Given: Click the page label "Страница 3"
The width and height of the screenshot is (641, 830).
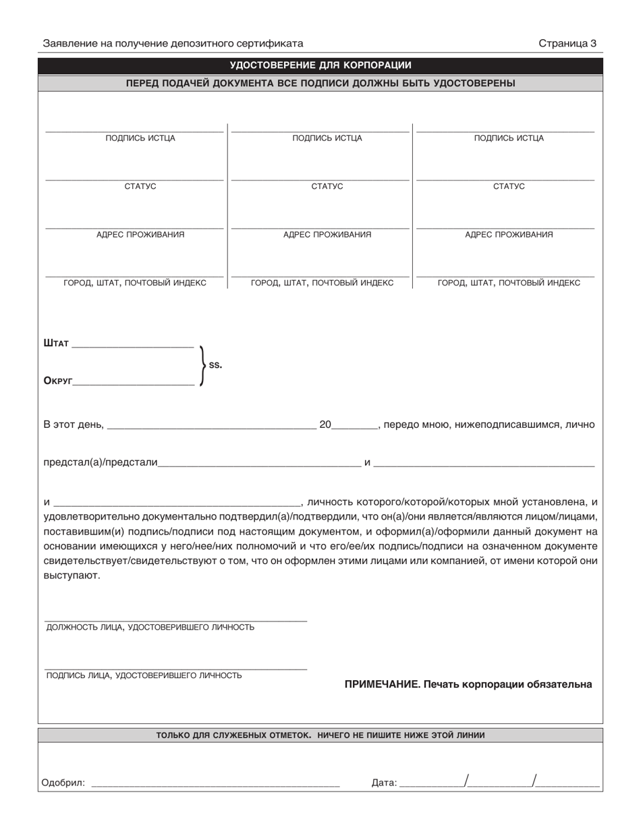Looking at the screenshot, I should (567, 44).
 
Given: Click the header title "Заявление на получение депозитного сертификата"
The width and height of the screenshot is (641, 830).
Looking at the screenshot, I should (173, 44).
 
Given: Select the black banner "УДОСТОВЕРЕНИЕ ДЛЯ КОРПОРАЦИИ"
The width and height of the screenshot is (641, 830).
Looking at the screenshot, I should (320, 65).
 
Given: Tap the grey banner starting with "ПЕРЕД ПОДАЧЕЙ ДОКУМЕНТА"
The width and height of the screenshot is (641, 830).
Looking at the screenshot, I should (320, 84).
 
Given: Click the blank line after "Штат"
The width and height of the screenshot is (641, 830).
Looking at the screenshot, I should (132, 346).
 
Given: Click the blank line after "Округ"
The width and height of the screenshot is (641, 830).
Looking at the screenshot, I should (134, 384).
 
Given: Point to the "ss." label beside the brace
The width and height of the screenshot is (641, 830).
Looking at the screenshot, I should (215, 365).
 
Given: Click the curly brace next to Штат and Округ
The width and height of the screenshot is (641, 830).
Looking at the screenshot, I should (202, 365).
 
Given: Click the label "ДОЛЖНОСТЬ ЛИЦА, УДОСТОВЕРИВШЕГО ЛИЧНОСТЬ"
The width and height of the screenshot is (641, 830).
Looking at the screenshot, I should (150, 628).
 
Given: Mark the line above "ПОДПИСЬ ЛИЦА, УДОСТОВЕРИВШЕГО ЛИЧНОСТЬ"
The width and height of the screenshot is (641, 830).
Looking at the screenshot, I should (175, 669).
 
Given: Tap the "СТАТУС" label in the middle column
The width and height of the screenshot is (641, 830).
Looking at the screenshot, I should (327, 186).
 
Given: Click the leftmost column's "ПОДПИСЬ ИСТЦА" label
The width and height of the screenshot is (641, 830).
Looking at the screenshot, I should (140, 138).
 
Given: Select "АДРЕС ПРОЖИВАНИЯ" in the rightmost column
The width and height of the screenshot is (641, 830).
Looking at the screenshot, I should (509, 235).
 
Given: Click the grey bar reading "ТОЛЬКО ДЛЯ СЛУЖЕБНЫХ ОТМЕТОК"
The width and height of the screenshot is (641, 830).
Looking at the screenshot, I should (320, 736).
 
